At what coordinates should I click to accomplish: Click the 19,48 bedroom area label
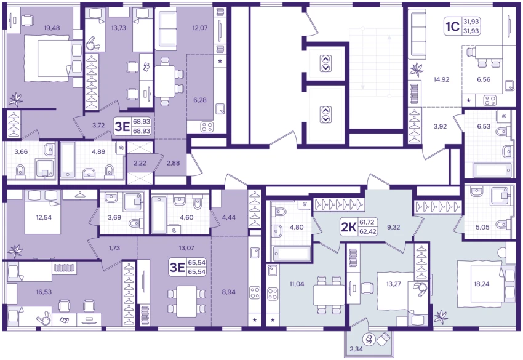[x=52, y=28]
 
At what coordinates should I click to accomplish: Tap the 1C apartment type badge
[x=452, y=26]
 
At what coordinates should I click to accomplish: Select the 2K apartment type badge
[x=348, y=227]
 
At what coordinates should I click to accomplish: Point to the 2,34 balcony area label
[x=356, y=350]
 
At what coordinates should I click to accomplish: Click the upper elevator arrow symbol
[x=325, y=63]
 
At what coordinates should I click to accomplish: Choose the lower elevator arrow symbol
[x=325, y=114]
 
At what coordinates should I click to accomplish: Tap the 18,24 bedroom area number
[x=482, y=284]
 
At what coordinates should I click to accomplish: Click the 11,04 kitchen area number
[x=297, y=284]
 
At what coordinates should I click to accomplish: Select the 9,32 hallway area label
[x=393, y=227]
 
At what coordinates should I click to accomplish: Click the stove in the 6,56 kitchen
[x=490, y=100]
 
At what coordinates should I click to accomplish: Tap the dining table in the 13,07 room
[x=186, y=302]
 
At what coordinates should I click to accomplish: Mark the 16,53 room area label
[x=44, y=292]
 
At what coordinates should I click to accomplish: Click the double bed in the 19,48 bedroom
[x=52, y=59]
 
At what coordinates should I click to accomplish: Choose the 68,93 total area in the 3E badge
[x=142, y=131]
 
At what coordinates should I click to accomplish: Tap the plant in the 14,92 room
[x=416, y=70]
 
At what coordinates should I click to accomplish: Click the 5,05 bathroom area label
[x=482, y=227]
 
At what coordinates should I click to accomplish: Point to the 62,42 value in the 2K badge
[x=368, y=230]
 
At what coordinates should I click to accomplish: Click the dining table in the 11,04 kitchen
[x=329, y=295]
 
